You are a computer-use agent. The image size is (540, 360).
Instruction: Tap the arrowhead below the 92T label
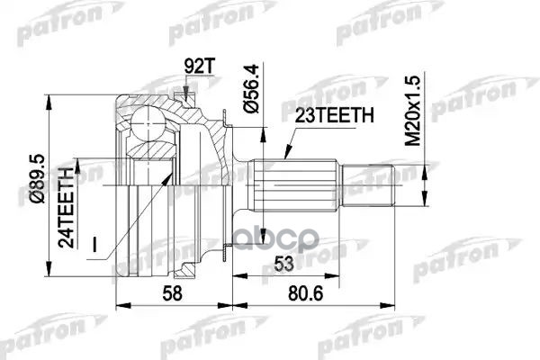pos(185,91)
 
